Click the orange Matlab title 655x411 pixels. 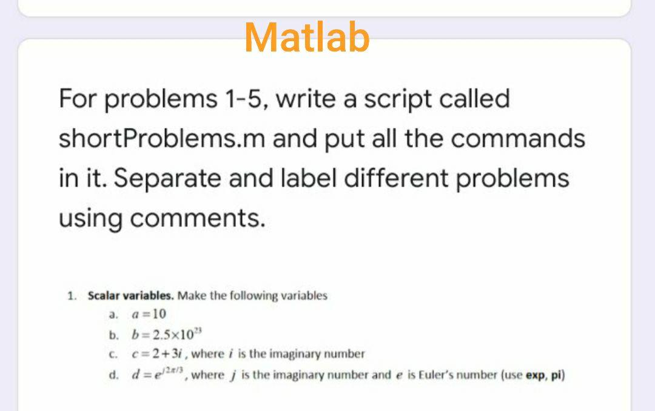tap(307, 37)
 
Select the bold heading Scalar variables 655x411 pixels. tap(131, 296)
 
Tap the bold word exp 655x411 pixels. tap(535, 375)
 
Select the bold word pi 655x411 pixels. tap(555, 375)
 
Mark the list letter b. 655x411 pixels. tap(113, 334)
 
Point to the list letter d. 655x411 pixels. tap(113, 375)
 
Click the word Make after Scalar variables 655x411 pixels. tap(190, 296)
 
